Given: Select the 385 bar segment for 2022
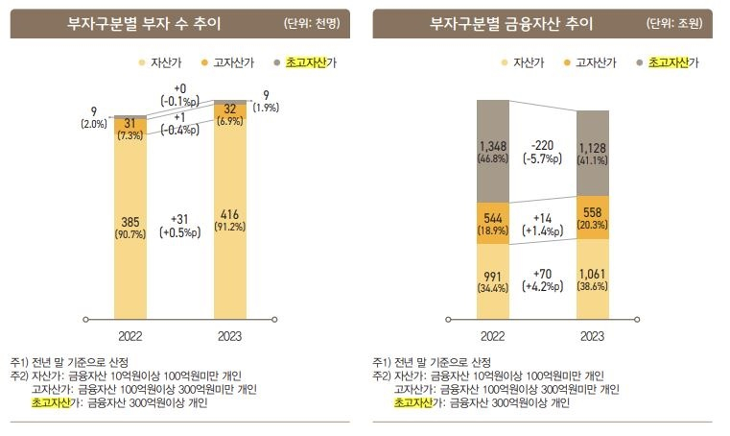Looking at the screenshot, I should [x=130, y=227].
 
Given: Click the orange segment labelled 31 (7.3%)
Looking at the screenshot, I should [x=130, y=129].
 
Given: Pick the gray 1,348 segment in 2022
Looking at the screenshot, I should [x=493, y=150].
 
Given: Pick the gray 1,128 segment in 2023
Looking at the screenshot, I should [x=591, y=152].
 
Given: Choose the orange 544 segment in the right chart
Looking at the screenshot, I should [x=493, y=222].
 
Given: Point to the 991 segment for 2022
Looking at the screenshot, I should [x=493, y=280].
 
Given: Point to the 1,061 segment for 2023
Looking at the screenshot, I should [x=591, y=279].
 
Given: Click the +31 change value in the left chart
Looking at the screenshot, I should [x=180, y=220].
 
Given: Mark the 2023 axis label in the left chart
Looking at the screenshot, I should [x=230, y=337].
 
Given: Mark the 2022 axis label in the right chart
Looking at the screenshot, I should [x=493, y=337].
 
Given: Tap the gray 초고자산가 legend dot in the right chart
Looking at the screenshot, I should [x=639, y=62].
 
